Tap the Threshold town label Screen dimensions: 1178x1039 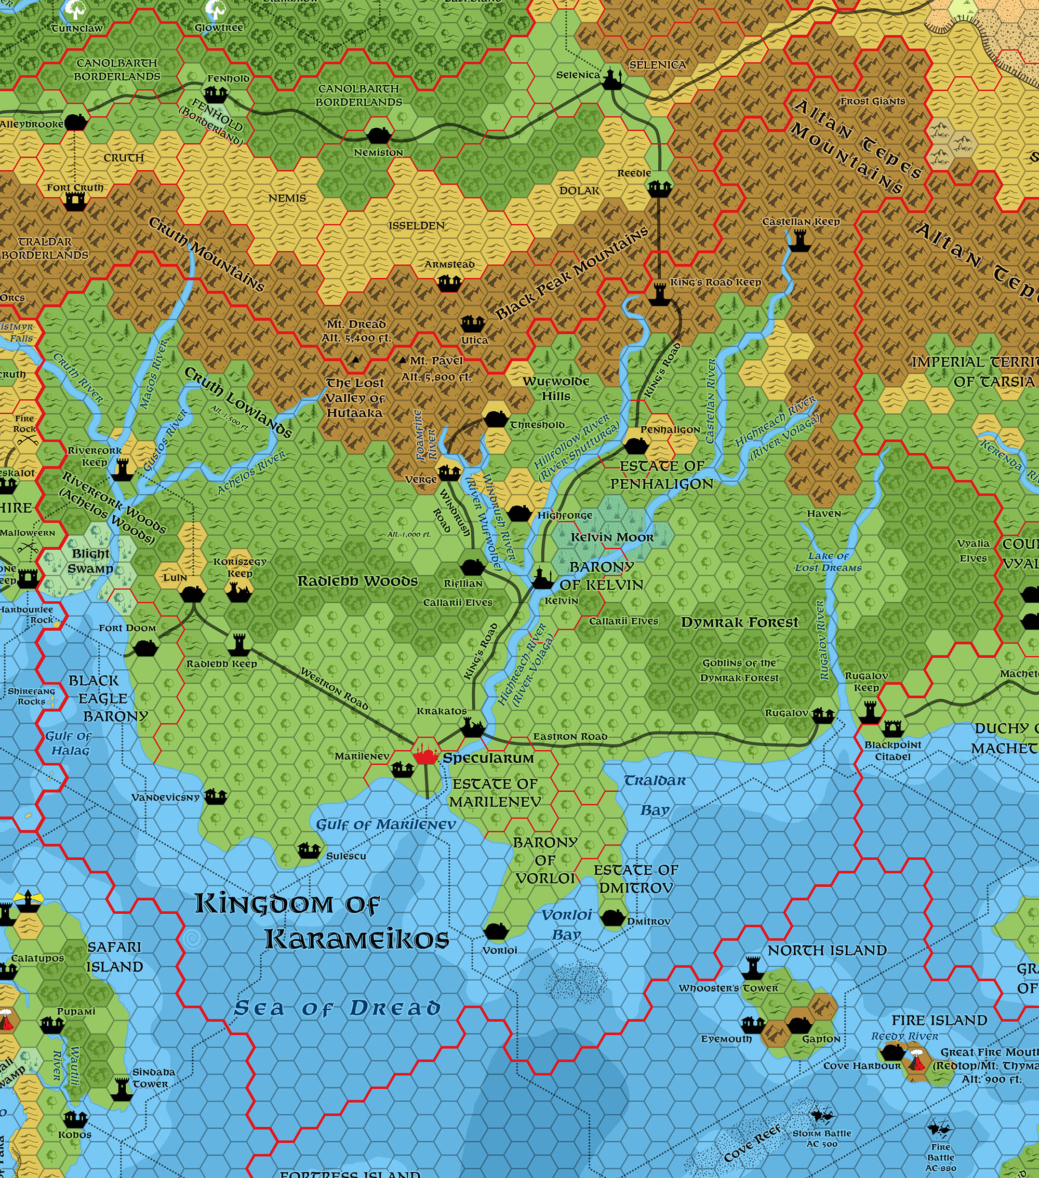(537, 425)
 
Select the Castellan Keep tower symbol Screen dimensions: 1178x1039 (800, 240)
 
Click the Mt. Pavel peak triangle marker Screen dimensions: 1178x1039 (403, 360)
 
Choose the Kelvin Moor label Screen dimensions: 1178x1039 (612, 538)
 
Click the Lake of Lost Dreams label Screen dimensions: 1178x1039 (828, 562)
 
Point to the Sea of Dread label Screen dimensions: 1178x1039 (337, 1008)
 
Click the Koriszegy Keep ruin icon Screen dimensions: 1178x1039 (238, 591)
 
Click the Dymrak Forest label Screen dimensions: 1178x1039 (739, 622)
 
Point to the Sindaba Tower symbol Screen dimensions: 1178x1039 (122, 1088)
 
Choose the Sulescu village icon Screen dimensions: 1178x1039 (309, 849)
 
